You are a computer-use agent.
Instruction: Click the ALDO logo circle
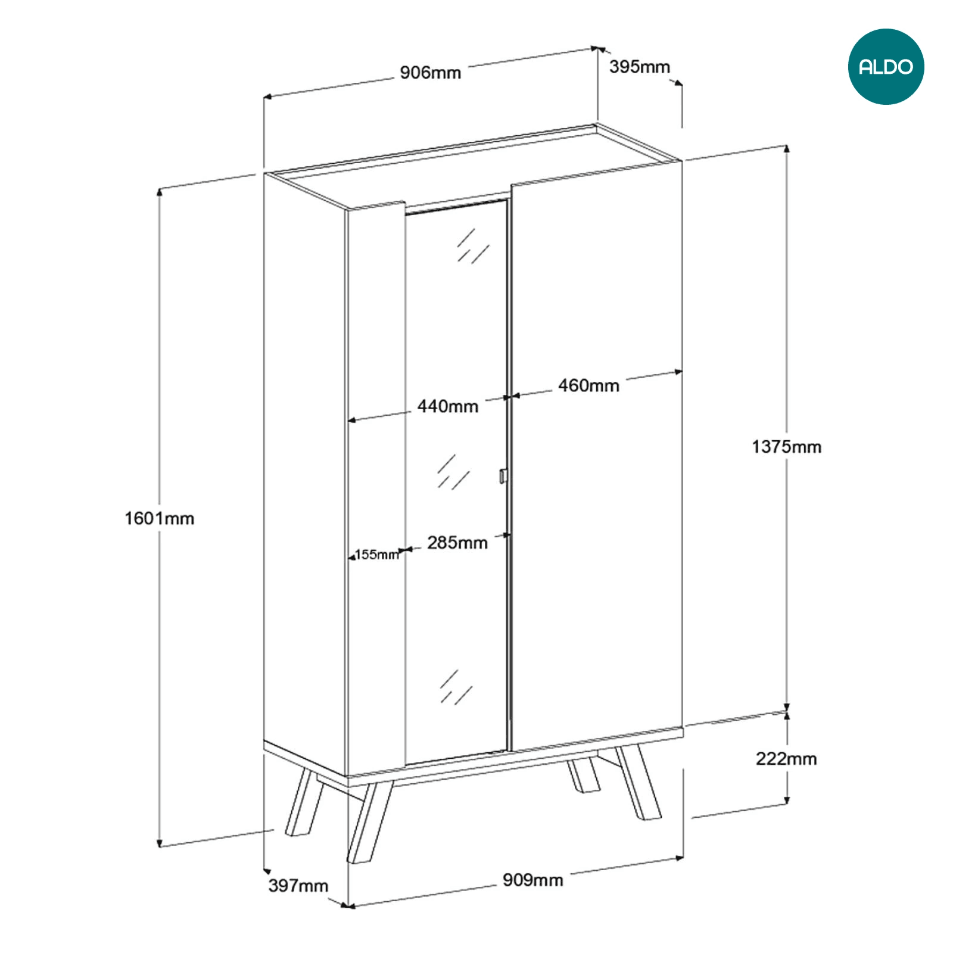click(x=886, y=67)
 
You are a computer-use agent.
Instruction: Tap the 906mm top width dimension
click(x=430, y=73)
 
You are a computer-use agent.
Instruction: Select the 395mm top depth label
click(x=639, y=67)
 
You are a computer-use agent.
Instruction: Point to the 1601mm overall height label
click(x=160, y=518)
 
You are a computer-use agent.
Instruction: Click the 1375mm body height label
click(x=786, y=447)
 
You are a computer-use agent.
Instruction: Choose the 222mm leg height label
click(x=786, y=759)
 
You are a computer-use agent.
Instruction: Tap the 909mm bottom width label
click(x=533, y=880)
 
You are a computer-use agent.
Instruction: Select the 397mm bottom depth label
click(x=298, y=886)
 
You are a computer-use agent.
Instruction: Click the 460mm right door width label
click(x=588, y=385)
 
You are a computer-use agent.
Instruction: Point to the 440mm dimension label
click(x=448, y=406)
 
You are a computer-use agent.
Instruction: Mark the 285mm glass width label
click(x=457, y=543)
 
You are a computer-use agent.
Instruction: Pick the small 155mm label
click(x=376, y=555)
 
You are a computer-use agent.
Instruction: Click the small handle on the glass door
click(x=503, y=476)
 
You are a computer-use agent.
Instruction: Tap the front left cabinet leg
click(x=369, y=822)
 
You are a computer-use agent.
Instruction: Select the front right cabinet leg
click(x=638, y=782)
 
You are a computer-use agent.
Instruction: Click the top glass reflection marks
click(x=473, y=246)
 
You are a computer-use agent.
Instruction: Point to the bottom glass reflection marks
click(x=456, y=687)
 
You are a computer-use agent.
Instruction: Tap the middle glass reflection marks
click(x=453, y=472)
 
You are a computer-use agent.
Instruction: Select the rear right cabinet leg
click(x=583, y=775)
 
